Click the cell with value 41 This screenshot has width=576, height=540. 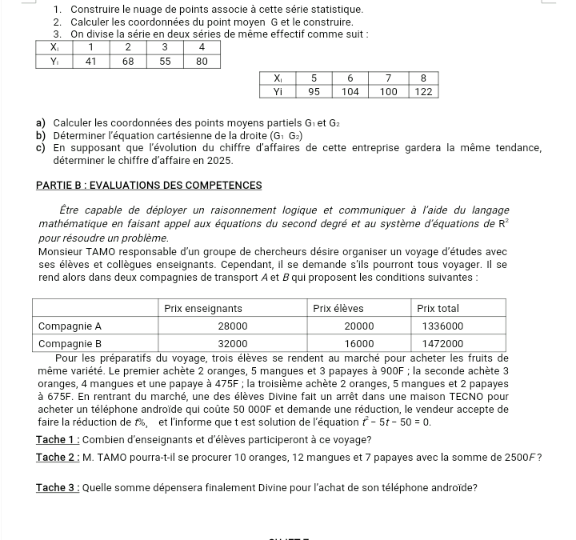click(x=91, y=60)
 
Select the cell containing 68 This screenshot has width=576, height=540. click(x=128, y=60)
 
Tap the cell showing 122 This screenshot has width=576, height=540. click(x=424, y=91)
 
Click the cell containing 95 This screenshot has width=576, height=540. click(x=314, y=91)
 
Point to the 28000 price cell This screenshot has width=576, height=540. click(x=233, y=326)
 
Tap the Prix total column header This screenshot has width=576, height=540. click(x=438, y=308)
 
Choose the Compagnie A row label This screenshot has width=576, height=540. click(x=70, y=326)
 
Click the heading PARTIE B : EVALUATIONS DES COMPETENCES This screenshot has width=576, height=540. click(x=150, y=186)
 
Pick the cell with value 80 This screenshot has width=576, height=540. click(x=202, y=60)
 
